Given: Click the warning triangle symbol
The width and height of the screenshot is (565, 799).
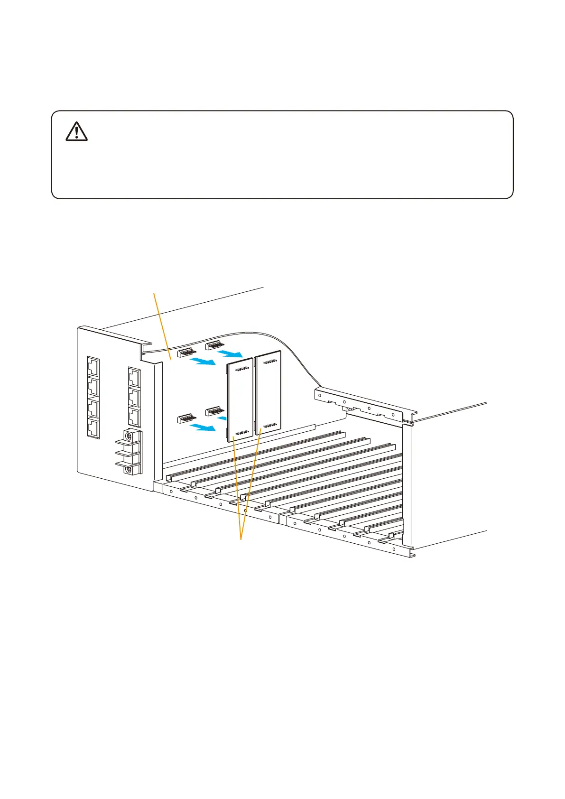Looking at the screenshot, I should pyautogui.click(x=76, y=131).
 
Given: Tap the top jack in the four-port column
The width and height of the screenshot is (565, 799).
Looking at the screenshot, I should pyautogui.click(x=93, y=367).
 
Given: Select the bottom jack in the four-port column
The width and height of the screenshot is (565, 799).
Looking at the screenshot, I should pyautogui.click(x=93, y=429).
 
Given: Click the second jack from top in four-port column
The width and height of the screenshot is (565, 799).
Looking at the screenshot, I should pyautogui.click(x=93, y=388).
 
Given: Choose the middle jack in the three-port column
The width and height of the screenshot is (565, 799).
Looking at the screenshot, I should pyautogui.click(x=134, y=398).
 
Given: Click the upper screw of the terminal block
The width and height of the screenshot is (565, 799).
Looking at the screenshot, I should pyautogui.click(x=128, y=435).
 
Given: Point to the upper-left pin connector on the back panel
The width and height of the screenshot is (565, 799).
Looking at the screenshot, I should pyautogui.click(x=185, y=353).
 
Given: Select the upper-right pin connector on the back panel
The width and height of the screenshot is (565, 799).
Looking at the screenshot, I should pyautogui.click(x=214, y=344).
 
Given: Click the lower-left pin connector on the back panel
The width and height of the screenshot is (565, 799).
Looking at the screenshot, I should pyautogui.click(x=185, y=418).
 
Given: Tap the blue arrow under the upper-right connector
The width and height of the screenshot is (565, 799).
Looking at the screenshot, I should pyautogui.click(x=230, y=354).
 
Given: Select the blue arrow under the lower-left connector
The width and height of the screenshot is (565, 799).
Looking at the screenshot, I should pyautogui.click(x=203, y=428).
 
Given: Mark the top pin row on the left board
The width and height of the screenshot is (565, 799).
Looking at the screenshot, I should pyautogui.click(x=242, y=369).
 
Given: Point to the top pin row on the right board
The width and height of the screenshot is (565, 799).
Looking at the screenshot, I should pyautogui.click(x=269, y=362).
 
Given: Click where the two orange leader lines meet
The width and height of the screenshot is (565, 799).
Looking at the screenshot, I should pyautogui.click(x=241, y=539).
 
